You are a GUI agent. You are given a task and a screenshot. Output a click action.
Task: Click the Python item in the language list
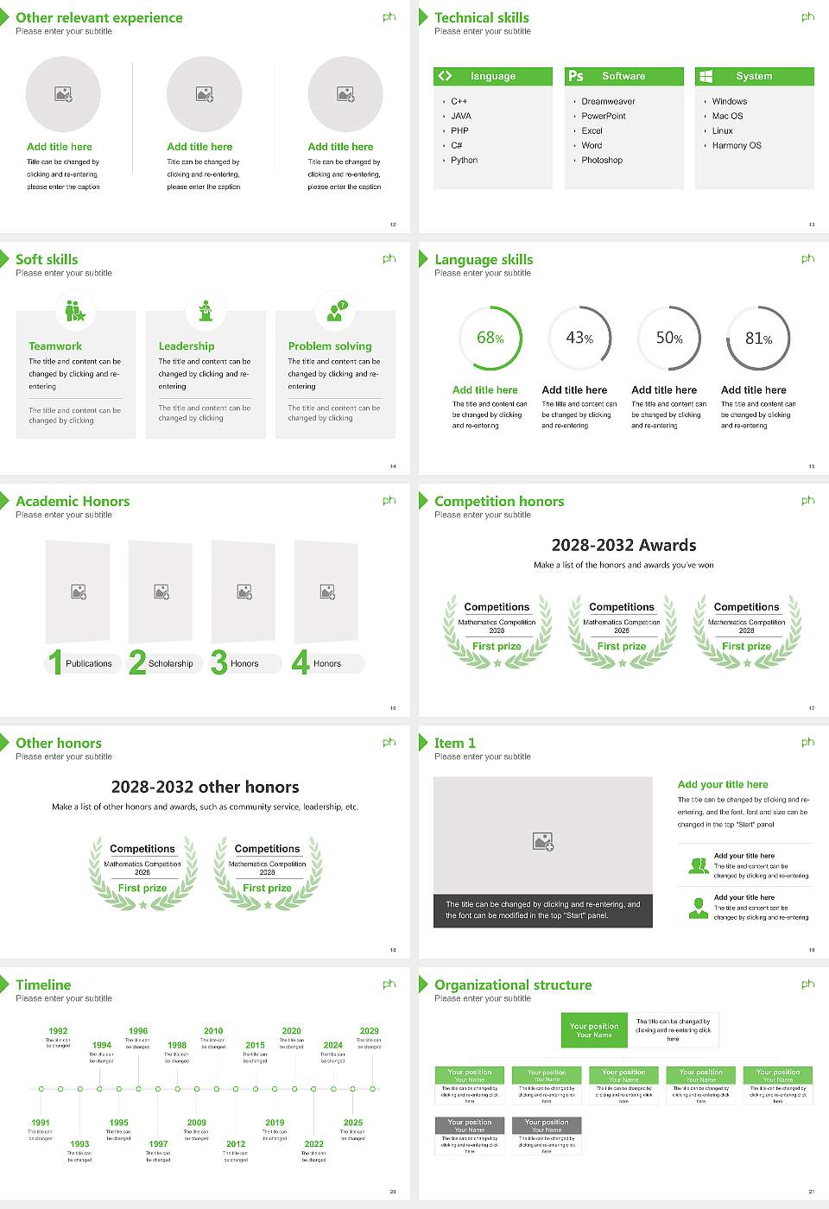point(464,161)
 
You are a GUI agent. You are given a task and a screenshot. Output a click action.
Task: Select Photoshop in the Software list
point(602,161)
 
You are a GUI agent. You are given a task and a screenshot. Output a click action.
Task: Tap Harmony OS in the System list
point(737,146)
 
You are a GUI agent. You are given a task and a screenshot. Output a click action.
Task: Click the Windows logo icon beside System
point(706,76)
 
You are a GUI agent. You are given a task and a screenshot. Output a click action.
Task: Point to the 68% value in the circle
point(490,338)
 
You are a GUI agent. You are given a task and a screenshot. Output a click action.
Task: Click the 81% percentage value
point(758,339)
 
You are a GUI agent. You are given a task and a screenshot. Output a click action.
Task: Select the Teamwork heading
point(55,346)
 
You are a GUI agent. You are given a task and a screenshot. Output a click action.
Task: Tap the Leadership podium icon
point(206,310)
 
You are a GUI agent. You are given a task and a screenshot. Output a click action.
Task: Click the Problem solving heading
point(330,346)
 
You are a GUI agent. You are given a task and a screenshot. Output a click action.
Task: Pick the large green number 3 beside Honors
point(219,662)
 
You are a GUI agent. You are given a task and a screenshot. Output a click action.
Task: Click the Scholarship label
point(170,664)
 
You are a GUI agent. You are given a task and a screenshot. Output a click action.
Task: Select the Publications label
point(89,664)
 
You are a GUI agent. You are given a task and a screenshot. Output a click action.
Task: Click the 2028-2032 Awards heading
point(623,545)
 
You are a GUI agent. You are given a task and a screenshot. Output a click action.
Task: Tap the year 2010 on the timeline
point(213,1031)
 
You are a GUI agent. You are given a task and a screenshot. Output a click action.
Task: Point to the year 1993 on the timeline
point(79,1143)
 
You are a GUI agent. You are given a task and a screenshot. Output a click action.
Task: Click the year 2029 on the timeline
point(369,1031)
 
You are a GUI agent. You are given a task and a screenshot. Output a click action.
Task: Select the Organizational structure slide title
point(513,985)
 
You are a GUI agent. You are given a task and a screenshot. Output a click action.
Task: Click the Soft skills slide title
point(47,260)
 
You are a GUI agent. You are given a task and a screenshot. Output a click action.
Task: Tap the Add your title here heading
point(723,785)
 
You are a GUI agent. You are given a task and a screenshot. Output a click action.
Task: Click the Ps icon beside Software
point(576,76)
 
